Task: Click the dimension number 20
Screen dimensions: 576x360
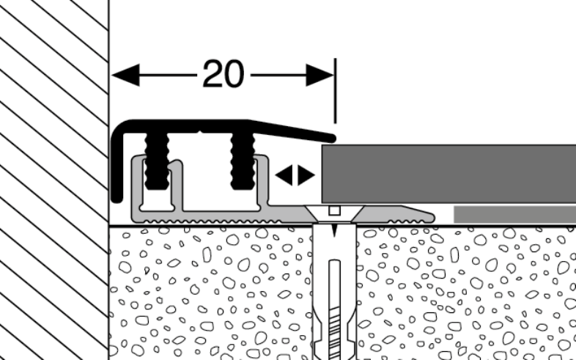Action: [x=223, y=74]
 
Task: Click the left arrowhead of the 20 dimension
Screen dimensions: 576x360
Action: [x=125, y=75]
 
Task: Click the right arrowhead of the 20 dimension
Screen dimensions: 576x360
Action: [x=320, y=75]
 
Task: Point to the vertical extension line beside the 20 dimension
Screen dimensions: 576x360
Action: [x=335, y=90]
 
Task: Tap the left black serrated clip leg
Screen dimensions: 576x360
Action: [x=157, y=161]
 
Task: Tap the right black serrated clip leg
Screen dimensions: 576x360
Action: [x=243, y=161]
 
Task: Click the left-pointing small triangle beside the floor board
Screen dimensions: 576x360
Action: [x=284, y=175]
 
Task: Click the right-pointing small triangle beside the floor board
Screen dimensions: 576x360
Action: [x=306, y=175]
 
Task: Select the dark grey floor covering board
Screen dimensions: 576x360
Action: [x=448, y=174]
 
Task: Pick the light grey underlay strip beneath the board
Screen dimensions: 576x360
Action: [x=514, y=214]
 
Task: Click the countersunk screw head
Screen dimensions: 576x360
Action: [x=334, y=213]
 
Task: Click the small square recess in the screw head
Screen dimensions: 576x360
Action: [x=334, y=210]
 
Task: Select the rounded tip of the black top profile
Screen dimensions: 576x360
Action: [x=331, y=139]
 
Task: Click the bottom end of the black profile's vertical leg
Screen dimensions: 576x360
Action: [x=117, y=199]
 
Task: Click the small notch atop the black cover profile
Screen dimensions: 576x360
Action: [x=199, y=131]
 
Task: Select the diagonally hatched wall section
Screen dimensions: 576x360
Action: [x=54, y=180]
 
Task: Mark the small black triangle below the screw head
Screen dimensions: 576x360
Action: [x=334, y=229]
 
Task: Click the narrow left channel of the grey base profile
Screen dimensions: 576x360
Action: [x=157, y=200]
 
